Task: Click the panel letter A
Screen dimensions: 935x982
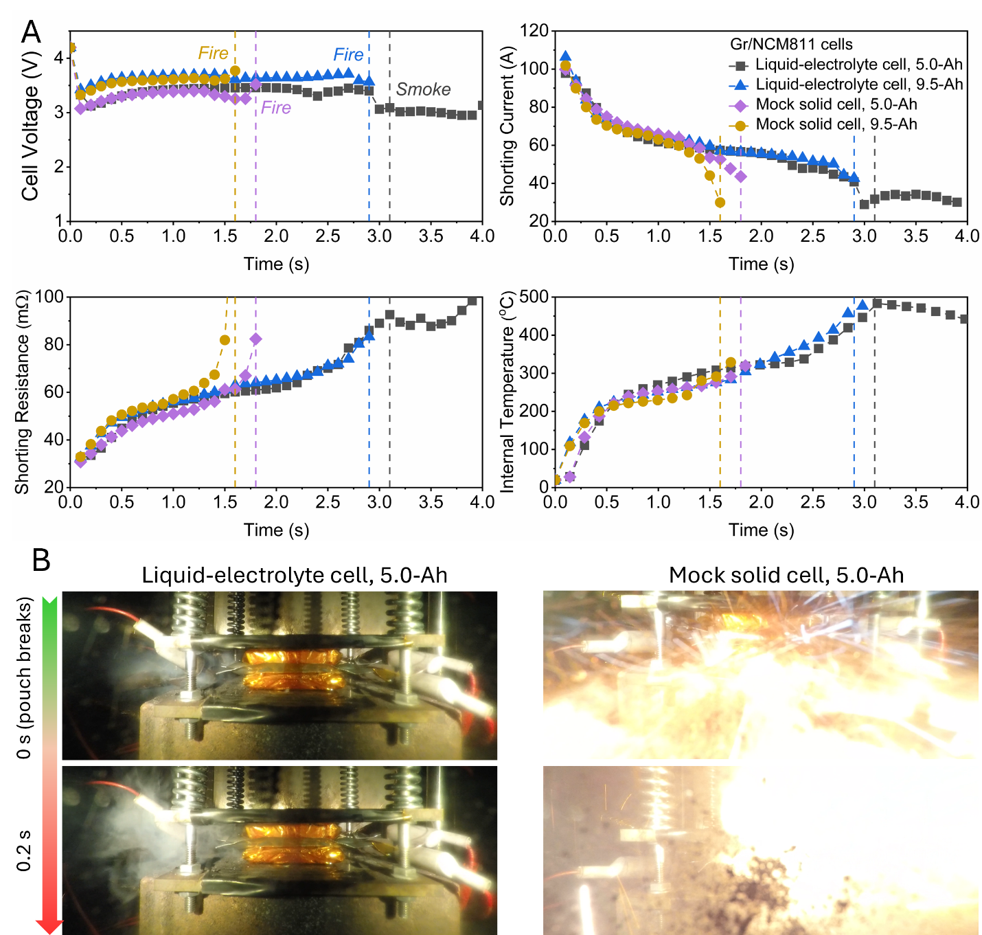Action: click(x=31, y=32)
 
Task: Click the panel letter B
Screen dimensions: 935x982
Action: click(x=41, y=560)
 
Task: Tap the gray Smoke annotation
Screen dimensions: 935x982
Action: click(x=423, y=89)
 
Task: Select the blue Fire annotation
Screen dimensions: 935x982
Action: click(x=348, y=54)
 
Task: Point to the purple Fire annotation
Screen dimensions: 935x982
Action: click(x=275, y=108)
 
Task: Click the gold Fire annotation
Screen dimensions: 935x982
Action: click(x=213, y=53)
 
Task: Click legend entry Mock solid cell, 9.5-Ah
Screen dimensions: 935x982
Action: click(x=836, y=124)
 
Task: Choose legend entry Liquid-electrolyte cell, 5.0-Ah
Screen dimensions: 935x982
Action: click(x=858, y=65)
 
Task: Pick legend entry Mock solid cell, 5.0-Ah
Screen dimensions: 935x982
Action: click(x=836, y=104)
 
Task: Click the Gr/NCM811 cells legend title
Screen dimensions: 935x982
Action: click(x=791, y=45)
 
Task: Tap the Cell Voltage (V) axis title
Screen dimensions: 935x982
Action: click(x=30, y=142)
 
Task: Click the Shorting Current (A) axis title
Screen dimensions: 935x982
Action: click(x=507, y=126)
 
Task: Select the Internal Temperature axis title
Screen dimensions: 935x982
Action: click(x=507, y=392)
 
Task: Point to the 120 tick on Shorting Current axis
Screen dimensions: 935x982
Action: click(x=534, y=31)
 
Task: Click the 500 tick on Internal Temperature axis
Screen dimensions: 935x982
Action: click(x=534, y=297)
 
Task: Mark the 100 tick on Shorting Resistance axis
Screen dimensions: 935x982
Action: click(x=49, y=297)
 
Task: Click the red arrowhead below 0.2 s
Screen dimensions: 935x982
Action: click(x=49, y=926)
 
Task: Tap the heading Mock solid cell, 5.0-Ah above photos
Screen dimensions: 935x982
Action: click(x=786, y=575)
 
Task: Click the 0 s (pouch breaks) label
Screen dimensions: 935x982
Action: click(x=24, y=678)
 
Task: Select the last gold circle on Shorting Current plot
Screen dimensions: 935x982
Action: click(x=720, y=203)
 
